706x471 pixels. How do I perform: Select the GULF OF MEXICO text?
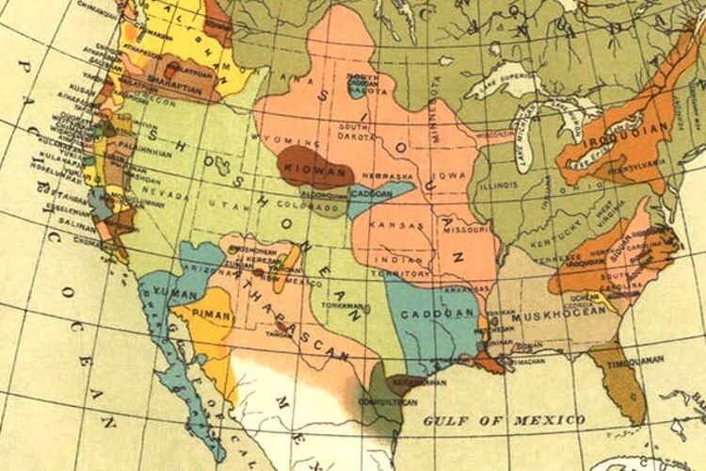pyautogui.click(x=503, y=418)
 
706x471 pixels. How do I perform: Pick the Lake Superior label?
pyautogui.click(x=495, y=69)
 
